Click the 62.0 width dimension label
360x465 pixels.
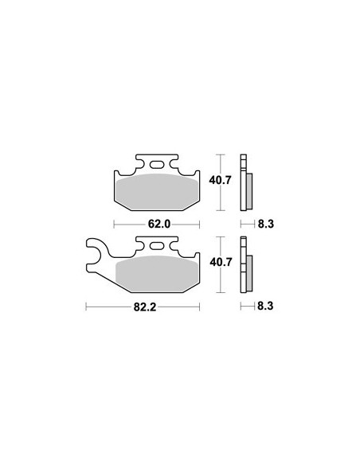pos(159,225)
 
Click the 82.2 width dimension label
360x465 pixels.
pos(145,307)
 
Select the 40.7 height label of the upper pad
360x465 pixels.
pos(220,180)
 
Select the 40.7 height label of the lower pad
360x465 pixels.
pos(221,262)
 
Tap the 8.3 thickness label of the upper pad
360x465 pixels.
pos(266,224)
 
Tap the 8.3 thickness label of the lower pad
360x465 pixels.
pos(265,306)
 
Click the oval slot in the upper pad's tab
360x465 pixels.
pos(157,164)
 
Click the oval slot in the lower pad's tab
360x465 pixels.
pos(157,246)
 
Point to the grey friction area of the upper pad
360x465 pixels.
pos(157,192)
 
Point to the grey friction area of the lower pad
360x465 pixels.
pos(157,274)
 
